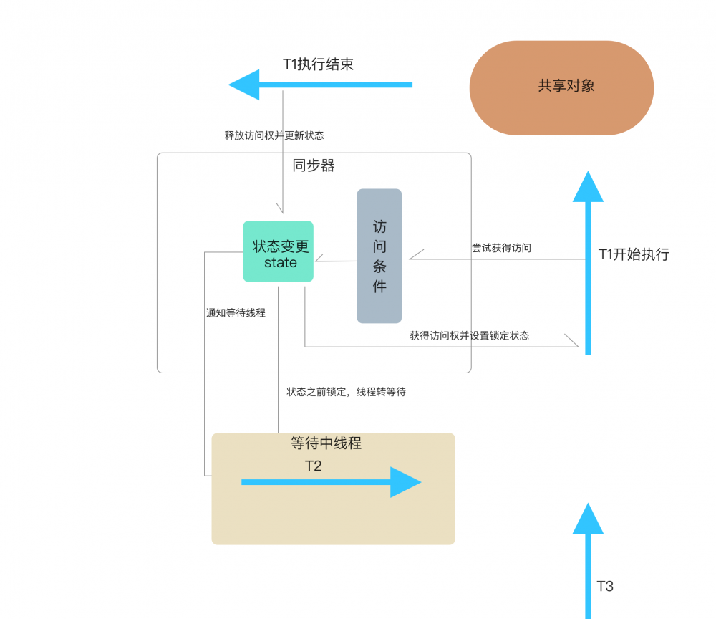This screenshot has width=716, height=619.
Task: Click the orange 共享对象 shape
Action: pyautogui.click(x=561, y=87)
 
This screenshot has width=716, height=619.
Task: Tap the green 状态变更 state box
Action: pyautogui.click(x=279, y=251)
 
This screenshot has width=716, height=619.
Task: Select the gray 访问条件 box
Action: pyautogui.click(x=379, y=256)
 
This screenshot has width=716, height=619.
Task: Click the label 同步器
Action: pyautogui.click(x=314, y=165)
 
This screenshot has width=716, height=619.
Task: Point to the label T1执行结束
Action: pyautogui.click(x=318, y=64)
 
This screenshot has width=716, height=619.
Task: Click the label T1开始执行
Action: pyautogui.click(x=634, y=254)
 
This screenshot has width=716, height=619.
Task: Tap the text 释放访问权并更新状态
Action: pyautogui.click(x=274, y=135)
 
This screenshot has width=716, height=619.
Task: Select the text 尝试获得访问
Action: pyautogui.click(x=501, y=248)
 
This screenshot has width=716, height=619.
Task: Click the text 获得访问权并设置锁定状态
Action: pyautogui.click(x=470, y=335)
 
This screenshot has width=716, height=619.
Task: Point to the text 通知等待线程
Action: pyautogui.click(x=236, y=312)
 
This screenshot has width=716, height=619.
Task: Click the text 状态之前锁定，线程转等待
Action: pyautogui.click(x=347, y=392)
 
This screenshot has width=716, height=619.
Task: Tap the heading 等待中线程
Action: pyautogui.click(x=326, y=443)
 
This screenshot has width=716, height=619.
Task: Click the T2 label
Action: pyautogui.click(x=314, y=466)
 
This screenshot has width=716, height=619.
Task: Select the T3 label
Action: pyautogui.click(x=605, y=586)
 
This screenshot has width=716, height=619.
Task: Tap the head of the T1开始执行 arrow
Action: pyautogui.click(x=588, y=188)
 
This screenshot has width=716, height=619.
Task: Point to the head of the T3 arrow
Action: pyautogui.click(x=588, y=519)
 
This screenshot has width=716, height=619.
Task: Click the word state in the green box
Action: pyautogui.click(x=280, y=263)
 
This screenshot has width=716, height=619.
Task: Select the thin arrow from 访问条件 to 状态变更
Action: pyautogui.click(x=336, y=261)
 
